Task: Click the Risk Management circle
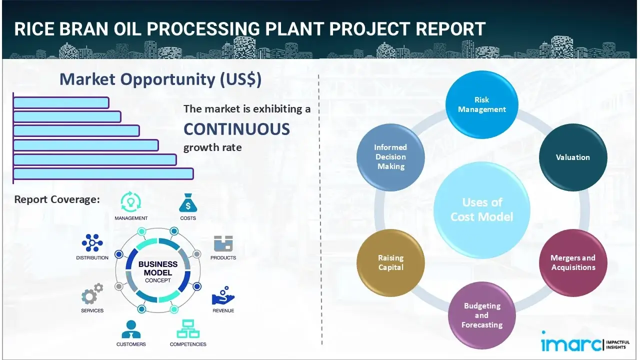tap(482, 104)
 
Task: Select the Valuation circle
tap(573, 157)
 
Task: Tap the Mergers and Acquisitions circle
tap(573, 262)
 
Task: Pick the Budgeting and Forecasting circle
tap(482, 315)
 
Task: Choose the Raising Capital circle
tap(390, 262)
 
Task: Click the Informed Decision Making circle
tap(390, 157)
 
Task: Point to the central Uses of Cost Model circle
tap(482, 209)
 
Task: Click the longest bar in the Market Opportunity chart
tap(103, 173)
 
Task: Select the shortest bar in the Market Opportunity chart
tap(61, 102)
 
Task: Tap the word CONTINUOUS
tap(236, 129)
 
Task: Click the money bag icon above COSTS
tap(188, 203)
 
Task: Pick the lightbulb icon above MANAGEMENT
tap(131, 202)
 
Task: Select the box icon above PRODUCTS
tap(223, 243)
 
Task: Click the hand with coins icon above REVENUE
tap(223, 296)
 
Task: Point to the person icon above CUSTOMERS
tap(131, 329)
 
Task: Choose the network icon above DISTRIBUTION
tap(92, 243)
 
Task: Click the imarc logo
tap(571, 344)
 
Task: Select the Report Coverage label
tap(57, 199)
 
